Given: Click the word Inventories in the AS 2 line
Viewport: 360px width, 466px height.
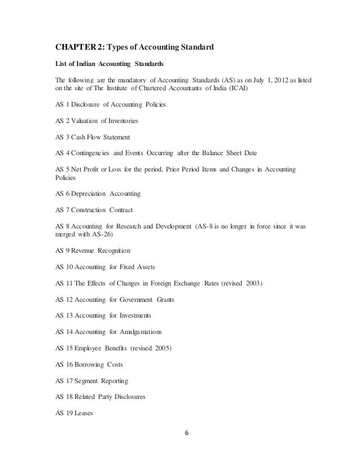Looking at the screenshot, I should point(120,121).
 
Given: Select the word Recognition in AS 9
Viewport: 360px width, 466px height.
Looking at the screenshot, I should point(113,250).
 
